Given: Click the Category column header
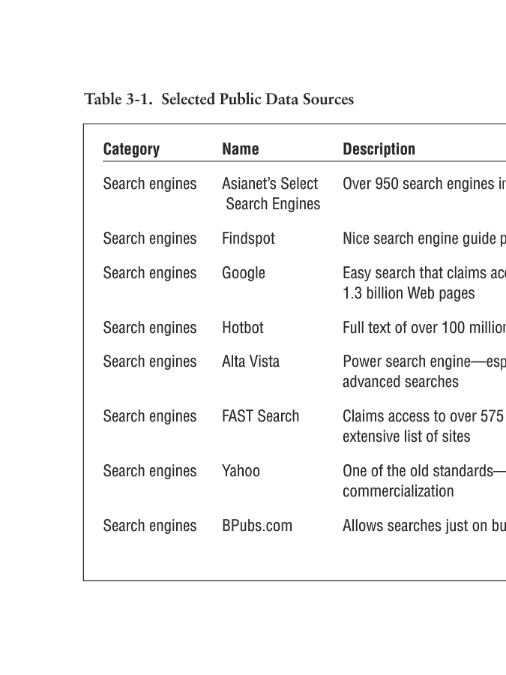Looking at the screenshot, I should click(131, 149).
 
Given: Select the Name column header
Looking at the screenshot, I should click(241, 149).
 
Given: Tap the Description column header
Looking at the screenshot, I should click(379, 149).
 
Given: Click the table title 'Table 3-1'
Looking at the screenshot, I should click(119, 99).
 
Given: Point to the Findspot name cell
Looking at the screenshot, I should click(248, 238).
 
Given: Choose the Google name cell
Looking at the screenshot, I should click(244, 273).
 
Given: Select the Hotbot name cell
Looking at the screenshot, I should click(243, 328).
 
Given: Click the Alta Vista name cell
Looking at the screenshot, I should click(250, 361).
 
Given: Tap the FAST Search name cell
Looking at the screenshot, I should click(260, 416).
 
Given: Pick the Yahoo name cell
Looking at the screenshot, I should click(241, 471).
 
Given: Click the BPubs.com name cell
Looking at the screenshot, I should click(257, 526).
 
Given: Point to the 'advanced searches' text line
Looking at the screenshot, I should click(400, 382).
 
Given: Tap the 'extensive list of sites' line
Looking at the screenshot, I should click(406, 436).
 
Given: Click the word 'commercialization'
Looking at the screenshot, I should click(398, 491).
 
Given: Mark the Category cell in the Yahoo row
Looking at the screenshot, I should click(150, 471).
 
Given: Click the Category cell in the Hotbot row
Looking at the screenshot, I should click(150, 328).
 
